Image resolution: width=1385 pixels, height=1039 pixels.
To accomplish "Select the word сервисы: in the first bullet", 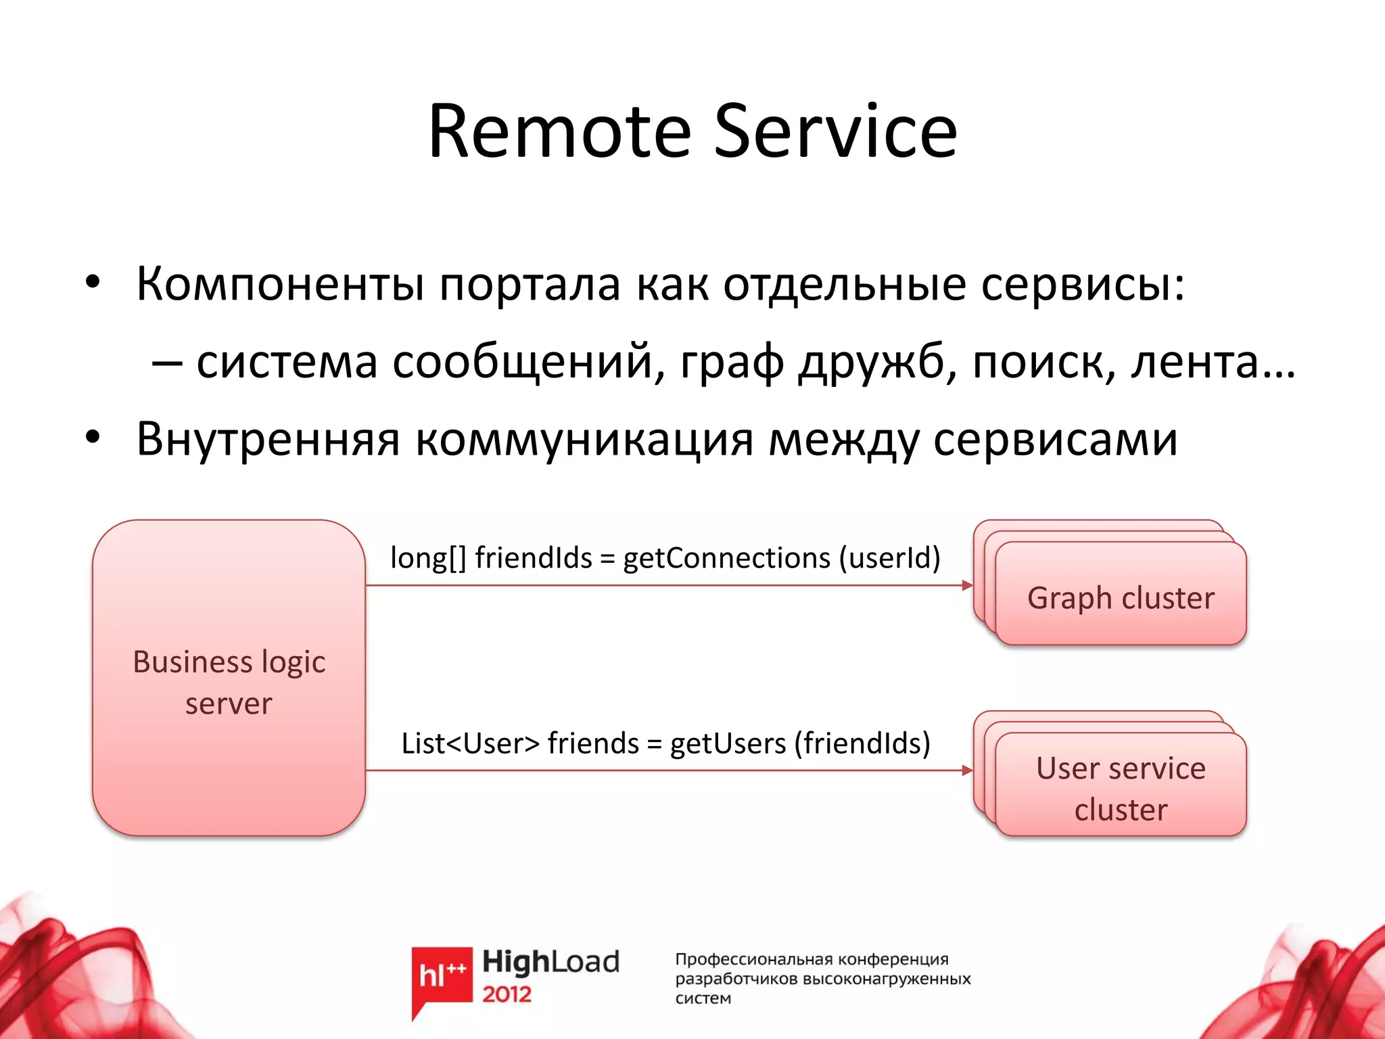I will pyautogui.click(x=1083, y=284).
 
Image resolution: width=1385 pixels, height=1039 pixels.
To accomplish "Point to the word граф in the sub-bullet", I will pyautogui.click(x=732, y=363).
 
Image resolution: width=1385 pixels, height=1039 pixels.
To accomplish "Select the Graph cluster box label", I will pyautogui.click(x=1121, y=598).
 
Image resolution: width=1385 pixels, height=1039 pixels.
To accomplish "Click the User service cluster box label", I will pyautogui.click(x=1121, y=789).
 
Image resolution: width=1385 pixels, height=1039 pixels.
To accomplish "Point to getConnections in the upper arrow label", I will pyautogui.click(x=726, y=559).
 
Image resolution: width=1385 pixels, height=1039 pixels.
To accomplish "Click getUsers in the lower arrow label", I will pyautogui.click(x=728, y=743).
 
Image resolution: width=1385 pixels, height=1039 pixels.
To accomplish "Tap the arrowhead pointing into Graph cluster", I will pyautogui.click(x=968, y=585).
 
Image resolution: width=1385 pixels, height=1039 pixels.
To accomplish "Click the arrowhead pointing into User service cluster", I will pyautogui.click(x=968, y=770).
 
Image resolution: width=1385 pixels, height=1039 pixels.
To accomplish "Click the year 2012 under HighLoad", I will pyautogui.click(x=507, y=994).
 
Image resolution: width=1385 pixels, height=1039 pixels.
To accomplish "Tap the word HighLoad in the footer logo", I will pyautogui.click(x=550, y=961).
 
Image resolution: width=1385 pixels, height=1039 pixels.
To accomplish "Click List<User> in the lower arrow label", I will pyautogui.click(x=470, y=743).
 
